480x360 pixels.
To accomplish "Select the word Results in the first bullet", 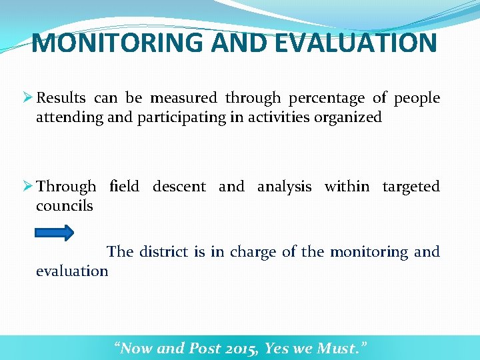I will pos(61,98).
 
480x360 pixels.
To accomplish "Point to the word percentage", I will pos(326,98).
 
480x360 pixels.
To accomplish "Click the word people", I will pos(417,98).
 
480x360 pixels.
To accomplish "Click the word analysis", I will pos(284,186).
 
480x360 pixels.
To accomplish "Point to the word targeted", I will pos(411,186).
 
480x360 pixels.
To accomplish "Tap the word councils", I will pos(65,205).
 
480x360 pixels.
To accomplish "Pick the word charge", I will pos(253,252).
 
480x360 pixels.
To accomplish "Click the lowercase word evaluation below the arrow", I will pos(72,271).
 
